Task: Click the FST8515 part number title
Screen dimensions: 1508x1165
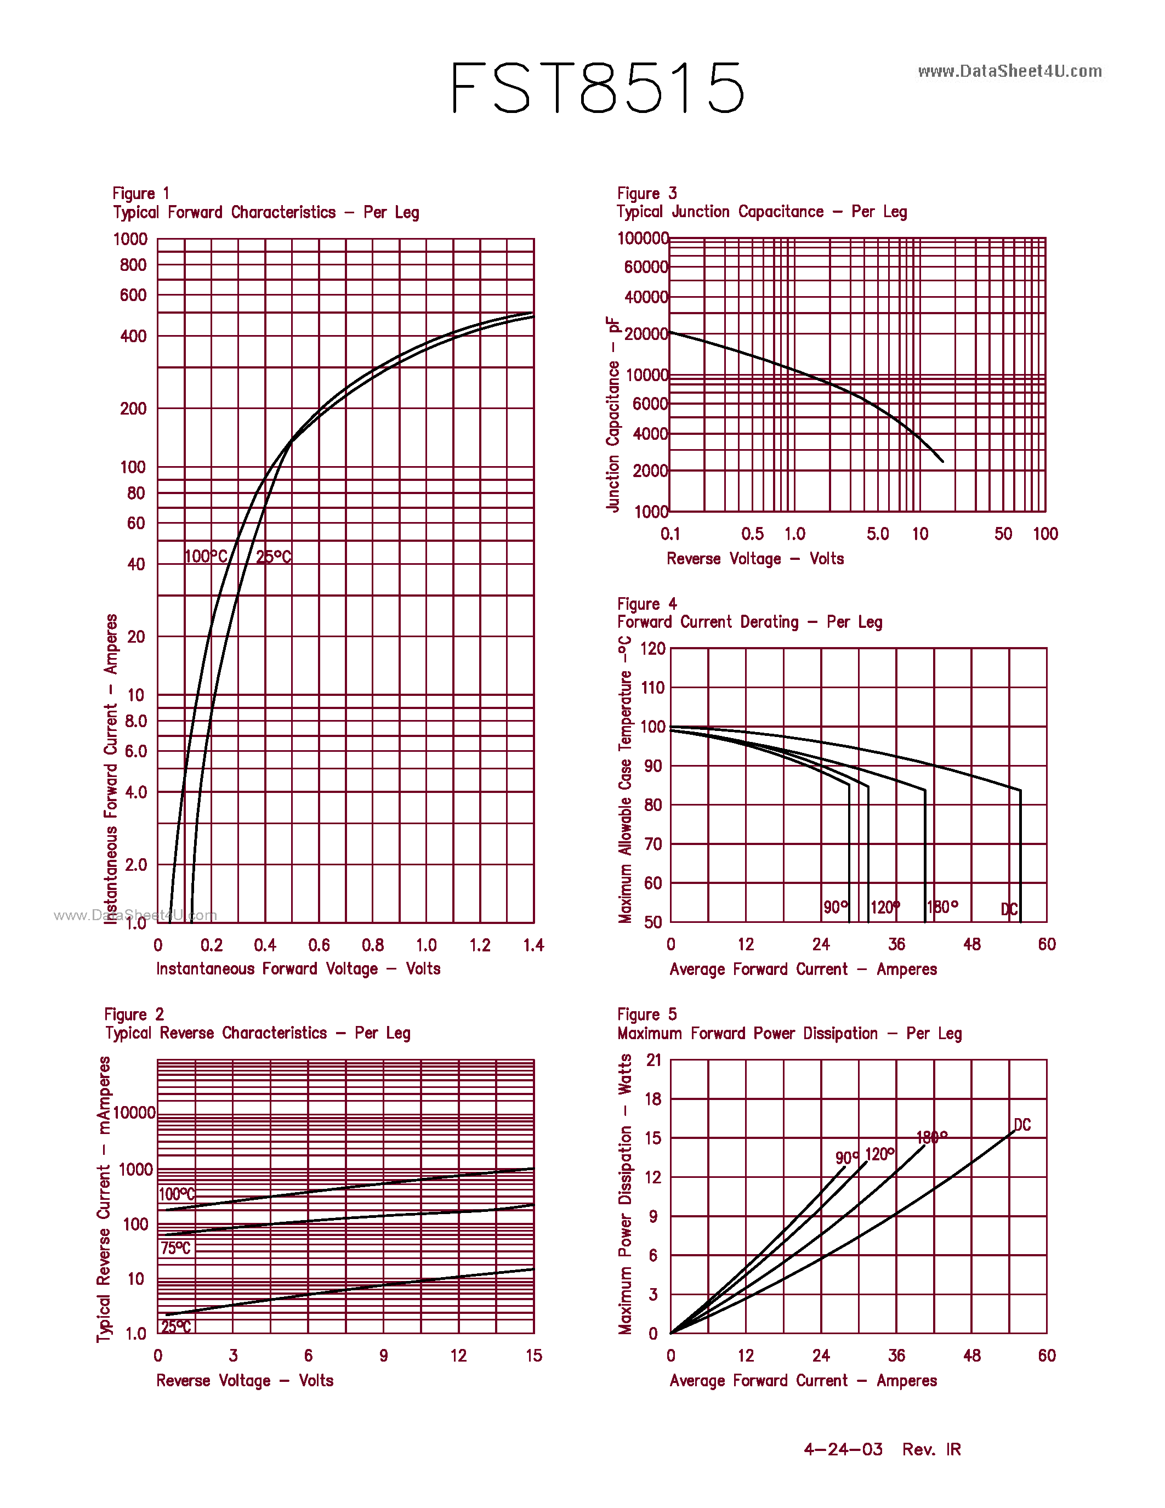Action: pyautogui.click(x=598, y=88)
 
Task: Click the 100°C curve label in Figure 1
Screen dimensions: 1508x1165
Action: pyautogui.click(x=206, y=556)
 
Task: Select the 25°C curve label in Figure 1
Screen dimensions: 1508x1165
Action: pyautogui.click(x=274, y=557)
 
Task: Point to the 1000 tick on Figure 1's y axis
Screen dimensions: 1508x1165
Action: pyautogui.click(x=130, y=239)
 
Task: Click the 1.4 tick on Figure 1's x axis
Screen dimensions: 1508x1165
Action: pyautogui.click(x=533, y=945)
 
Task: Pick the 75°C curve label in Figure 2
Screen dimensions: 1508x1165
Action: pyautogui.click(x=175, y=1248)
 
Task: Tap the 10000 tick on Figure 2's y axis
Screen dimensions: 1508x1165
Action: pyautogui.click(x=134, y=1113)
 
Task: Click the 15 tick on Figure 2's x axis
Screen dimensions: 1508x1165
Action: pyautogui.click(x=533, y=1356)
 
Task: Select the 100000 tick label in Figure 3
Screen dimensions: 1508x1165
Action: pyautogui.click(x=643, y=238)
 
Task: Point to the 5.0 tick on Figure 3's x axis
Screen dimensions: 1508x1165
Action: pyautogui.click(x=877, y=534)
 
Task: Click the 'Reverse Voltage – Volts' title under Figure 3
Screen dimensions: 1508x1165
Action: pyautogui.click(x=755, y=559)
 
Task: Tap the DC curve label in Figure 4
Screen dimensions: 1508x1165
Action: pyautogui.click(x=1009, y=909)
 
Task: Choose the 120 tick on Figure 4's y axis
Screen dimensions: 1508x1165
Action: pyautogui.click(x=653, y=648)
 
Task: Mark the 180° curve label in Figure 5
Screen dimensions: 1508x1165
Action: pyautogui.click(x=931, y=1137)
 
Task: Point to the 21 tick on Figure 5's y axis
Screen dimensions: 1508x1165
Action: pyautogui.click(x=653, y=1060)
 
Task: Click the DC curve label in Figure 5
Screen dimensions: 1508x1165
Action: pyautogui.click(x=1022, y=1125)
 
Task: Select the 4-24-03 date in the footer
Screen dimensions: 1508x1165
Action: pyautogui.click(x=843, y=1449)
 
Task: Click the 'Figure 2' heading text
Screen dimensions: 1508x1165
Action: pyautogui.click(x=134, y=1014)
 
